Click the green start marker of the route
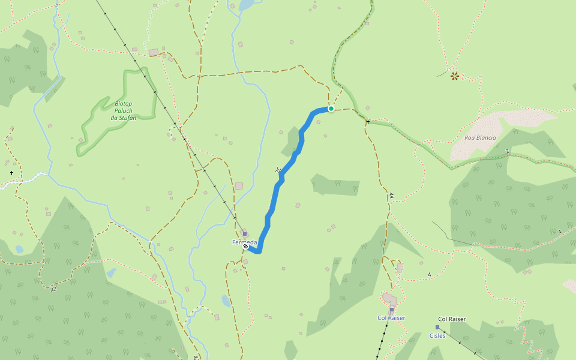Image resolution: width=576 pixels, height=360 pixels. tap(331, 109)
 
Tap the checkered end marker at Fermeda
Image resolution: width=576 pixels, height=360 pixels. tap(245, 246)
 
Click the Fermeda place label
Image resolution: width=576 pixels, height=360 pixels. tap(245, 242)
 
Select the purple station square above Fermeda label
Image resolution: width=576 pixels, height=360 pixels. tap(245, 234)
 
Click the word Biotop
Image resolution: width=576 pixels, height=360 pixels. tap(123, 103)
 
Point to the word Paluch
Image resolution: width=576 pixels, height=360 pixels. tap(124, 110)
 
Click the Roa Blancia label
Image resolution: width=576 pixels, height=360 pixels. tap(480, 137)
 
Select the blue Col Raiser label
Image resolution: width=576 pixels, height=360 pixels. tap(391, 317)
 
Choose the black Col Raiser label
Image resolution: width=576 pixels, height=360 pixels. tap(452, 319)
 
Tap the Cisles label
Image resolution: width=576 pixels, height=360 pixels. tap(437, 335)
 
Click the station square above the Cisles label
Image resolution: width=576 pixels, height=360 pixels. tap(437, 327)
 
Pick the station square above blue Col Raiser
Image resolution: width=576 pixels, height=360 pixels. tap(391, 310)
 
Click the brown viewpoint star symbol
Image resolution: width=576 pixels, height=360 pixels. tap(455, 76)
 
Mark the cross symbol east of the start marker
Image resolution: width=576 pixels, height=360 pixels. tap(367, 122)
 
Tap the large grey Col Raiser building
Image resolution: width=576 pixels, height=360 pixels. tap(389, 298)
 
